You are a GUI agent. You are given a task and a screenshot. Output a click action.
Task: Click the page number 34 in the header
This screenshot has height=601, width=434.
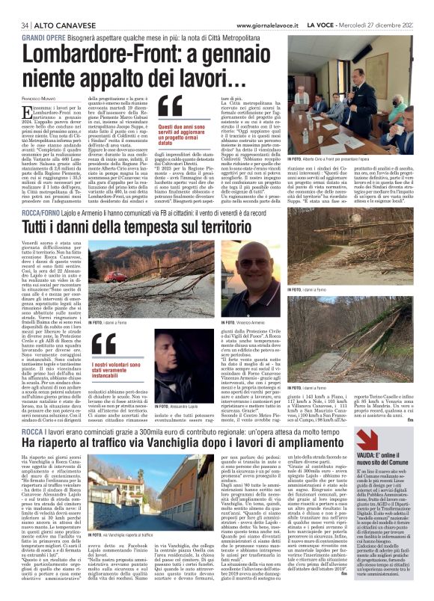tap(15, 6)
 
